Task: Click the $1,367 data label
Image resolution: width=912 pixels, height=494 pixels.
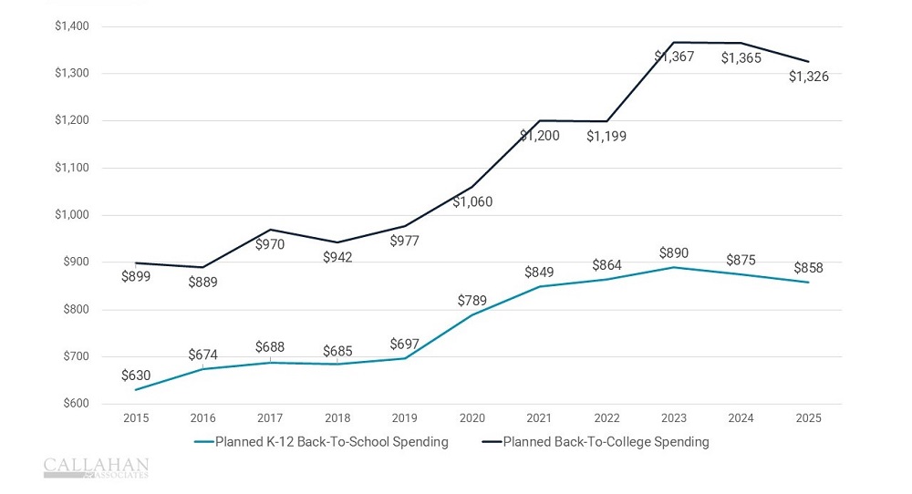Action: pyautogui.click(x=674, y=57)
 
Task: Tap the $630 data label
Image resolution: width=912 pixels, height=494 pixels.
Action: pyautogui.click(x=136, y=375)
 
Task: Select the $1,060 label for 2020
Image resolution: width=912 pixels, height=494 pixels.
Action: pyautogui.click(x=472, y=201)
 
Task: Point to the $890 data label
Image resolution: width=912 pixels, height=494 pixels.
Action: pyautogui.click(x=674, y=252)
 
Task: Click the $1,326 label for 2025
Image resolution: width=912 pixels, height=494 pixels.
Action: pyautogui.click(x=808, y=77)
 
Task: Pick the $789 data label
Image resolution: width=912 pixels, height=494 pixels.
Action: pyautogui.click(x=472, y=301)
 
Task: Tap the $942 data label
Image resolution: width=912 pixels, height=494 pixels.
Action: pyautogui.click(x=337, y=257)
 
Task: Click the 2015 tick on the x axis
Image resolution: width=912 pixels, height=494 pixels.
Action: pyautogui.click(x=136, y=418)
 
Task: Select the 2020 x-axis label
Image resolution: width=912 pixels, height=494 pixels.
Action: pyautogui.click(x=472, y=418)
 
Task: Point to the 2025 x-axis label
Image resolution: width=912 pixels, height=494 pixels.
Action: pyautogui.click(x=808, y=418)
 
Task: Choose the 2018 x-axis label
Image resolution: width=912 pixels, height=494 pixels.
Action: pyautogui.click(x=337, y=418)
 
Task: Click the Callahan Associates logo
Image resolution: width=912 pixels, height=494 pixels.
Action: pyautogui.click(x=96, y=468)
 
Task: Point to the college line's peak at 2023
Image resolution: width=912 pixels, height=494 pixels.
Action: pyautogui.click(x=674, y=42)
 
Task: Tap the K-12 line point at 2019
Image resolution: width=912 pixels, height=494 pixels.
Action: pyautogui.click(x=404, y=358)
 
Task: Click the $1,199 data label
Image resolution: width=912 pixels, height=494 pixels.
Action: pyautogui.click(x=606, y=136)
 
